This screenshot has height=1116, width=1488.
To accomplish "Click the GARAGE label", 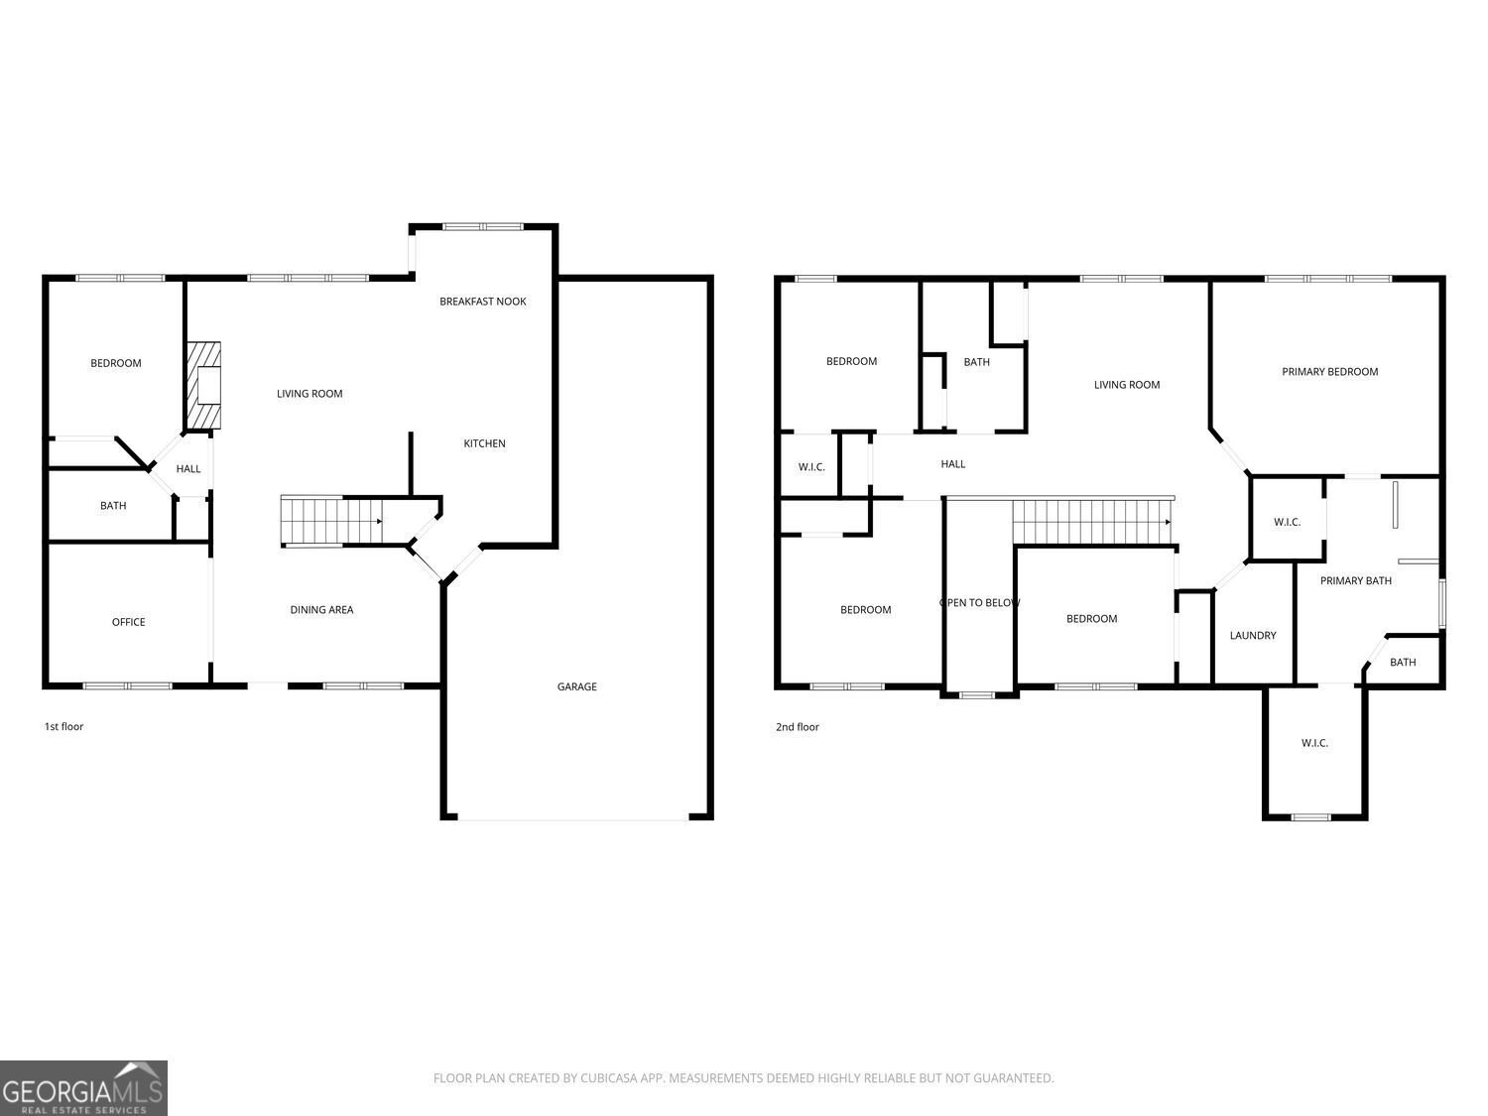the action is (577, 686).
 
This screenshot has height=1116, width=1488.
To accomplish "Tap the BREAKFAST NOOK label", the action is (483, 302).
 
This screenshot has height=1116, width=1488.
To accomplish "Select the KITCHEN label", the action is (484, 443).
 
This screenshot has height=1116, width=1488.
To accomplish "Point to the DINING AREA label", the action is (321, 610).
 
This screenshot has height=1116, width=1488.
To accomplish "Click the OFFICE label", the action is (128, 622).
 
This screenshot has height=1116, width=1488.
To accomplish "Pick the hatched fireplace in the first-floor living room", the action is (204, 386).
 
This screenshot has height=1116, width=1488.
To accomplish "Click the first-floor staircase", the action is (331, 521).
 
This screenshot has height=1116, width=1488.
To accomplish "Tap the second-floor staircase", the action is (1092, 522).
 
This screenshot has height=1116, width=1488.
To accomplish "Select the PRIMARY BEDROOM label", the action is (1329, 372).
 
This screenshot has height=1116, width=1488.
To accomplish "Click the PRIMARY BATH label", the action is (1355, 580).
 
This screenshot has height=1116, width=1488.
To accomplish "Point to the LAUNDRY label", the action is (1253, 636).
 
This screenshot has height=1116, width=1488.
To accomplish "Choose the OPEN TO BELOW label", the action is (979, 603).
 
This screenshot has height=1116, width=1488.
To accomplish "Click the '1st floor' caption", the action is (63, 726).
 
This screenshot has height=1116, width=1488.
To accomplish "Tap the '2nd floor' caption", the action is (798, 727).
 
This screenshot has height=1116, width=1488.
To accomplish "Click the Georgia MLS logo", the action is (83, 1088).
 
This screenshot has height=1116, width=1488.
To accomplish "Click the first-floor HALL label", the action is (188, 469).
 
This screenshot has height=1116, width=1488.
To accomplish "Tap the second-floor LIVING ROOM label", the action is (1127, 385).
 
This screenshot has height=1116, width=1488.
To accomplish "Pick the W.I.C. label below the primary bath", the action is (1314, 743).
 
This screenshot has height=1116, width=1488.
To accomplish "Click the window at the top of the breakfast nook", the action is (483, 227).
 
